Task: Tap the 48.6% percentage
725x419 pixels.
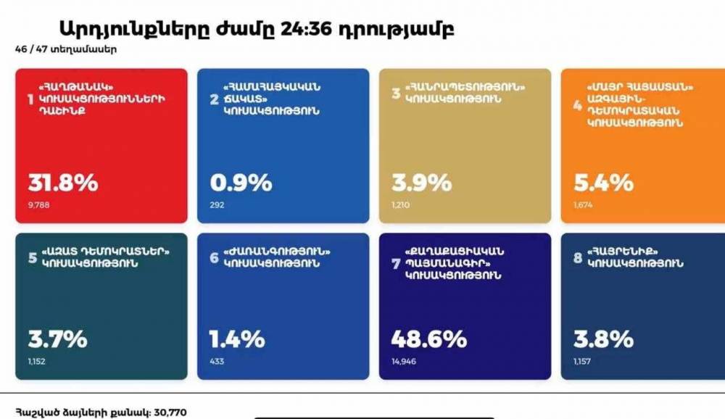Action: [428, 339]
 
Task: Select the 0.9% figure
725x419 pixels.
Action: [241, 183]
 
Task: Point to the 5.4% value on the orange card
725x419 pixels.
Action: [602, 183]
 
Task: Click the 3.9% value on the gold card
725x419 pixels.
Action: [421, 183]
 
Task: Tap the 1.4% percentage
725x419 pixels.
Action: [237, 339]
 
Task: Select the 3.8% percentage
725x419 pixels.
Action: [602, 339]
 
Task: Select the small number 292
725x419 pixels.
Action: [217, 205]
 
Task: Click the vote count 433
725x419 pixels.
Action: [217, 360]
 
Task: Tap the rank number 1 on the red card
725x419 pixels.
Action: [30, 99]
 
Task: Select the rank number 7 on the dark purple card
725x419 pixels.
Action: [396, 264]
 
